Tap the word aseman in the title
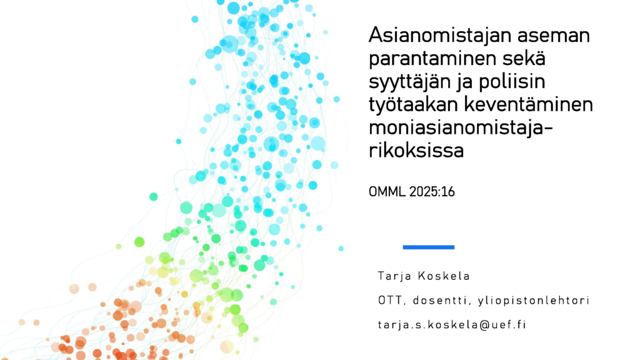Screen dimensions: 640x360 554,36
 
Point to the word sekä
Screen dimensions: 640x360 524,58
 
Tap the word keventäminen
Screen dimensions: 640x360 529,105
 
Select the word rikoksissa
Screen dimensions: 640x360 416,150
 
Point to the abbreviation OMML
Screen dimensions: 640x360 387,191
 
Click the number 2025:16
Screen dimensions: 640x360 432,191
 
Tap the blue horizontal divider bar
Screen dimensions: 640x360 429,247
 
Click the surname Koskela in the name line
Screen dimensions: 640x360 444,276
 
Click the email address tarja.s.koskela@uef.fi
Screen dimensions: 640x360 452,325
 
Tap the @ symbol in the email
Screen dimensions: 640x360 484,325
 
